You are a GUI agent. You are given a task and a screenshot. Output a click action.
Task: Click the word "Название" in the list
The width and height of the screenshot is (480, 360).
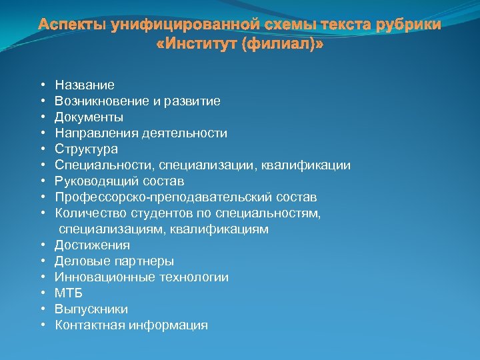coord(85,85)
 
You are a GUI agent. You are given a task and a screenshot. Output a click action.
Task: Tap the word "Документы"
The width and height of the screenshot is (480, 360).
coord(89,117)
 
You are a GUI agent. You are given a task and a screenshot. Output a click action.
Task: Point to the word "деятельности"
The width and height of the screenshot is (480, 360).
coord(189,133)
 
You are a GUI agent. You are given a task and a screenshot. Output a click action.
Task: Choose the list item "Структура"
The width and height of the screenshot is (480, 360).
coord(87,149)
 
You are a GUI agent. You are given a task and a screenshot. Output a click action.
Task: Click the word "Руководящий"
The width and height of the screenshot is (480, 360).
coord(91,181)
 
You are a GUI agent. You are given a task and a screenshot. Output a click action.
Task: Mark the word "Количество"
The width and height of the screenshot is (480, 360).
coord(87,213)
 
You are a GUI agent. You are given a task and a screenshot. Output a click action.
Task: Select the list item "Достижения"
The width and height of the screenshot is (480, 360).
coord(93,245)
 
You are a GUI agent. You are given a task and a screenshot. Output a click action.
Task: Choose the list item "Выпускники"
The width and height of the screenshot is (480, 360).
coord(92,309)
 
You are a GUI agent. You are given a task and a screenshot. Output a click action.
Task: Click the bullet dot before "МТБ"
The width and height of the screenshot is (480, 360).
coord(42,293)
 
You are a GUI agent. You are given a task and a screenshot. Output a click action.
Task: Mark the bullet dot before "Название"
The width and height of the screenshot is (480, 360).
coord(42,85)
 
